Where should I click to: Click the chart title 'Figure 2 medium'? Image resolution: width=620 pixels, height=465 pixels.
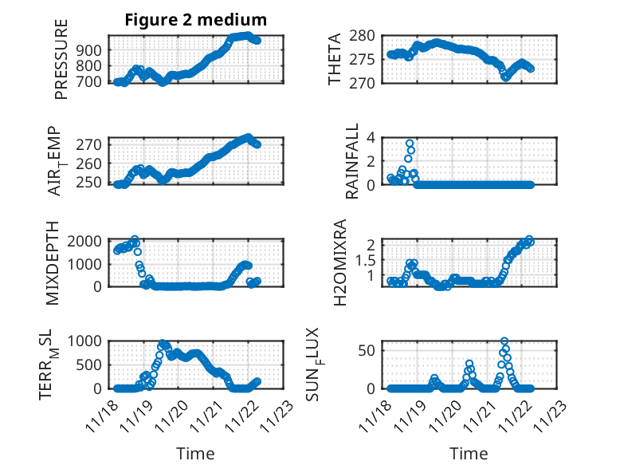195,19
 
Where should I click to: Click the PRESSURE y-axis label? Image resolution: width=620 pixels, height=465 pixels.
61,60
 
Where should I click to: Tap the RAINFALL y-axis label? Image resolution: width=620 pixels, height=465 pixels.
351,162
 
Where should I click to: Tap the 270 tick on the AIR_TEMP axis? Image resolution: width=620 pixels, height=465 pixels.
91,144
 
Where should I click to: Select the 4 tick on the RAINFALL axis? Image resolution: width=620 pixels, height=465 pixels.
371,137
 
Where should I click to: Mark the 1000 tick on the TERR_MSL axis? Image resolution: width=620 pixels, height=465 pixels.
86,341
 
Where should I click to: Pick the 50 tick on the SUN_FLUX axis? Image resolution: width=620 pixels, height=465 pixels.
367,349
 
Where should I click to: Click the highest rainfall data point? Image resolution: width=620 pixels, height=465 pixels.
410,144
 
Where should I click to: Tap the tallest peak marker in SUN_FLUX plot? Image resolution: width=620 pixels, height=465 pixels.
504,341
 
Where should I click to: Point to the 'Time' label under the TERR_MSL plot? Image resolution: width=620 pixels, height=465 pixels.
195,454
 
